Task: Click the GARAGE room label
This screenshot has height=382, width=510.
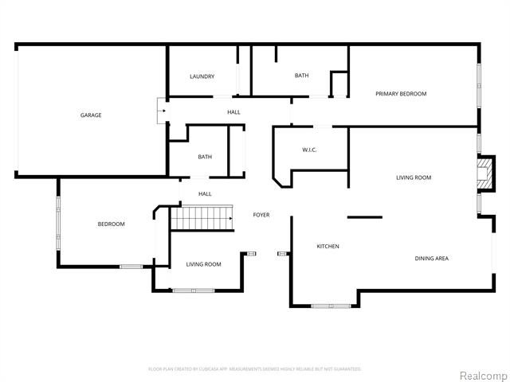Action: [90, 115]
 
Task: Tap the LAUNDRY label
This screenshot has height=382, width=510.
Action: [202, 76]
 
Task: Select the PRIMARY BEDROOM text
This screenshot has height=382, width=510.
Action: [401, 94]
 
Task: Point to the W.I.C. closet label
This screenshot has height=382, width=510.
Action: [310, 150]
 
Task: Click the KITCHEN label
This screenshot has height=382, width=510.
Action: [328, 247]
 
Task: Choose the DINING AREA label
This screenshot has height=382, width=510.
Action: [431, 259]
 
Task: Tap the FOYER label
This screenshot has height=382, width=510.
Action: [261, 215]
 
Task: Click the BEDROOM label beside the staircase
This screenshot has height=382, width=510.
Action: [111, 224]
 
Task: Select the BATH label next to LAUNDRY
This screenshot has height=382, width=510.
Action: [301, 76]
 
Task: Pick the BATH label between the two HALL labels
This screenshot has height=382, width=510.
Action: [205, 157]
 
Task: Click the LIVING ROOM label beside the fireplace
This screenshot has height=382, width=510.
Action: [414, 177]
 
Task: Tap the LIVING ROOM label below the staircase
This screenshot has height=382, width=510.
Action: [203, 264]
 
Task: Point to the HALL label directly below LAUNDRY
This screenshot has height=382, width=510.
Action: [233, 112]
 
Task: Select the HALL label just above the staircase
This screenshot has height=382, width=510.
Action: [205, 194]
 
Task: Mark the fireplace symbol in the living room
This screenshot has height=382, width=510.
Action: [482, 173]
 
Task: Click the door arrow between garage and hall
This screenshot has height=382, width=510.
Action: [161, 111]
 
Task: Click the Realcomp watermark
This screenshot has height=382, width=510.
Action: [481, 374]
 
